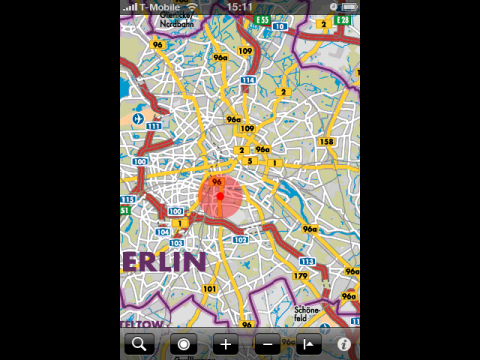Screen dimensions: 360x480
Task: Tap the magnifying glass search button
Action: coord(139,345)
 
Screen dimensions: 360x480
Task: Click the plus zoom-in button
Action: coord(226,345)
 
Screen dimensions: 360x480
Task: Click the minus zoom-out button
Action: coord(267,345)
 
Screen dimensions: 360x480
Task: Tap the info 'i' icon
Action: coord(344,345)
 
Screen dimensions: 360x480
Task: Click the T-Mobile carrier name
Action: coord(161,6)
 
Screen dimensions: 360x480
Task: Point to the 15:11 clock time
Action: coord(239,6)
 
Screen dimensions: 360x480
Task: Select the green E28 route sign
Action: coord(343,19)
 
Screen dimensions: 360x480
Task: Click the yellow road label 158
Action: coord(326,142)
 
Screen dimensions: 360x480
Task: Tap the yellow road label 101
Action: coord(209,288)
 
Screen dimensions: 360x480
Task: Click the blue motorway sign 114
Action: coord(248,80)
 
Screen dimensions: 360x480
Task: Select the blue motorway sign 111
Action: coord(153,127)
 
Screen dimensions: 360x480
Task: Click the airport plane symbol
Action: coord(137,116)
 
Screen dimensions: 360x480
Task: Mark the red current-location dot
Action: coord(220,196)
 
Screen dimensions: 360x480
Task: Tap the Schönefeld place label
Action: coord(308,312)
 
